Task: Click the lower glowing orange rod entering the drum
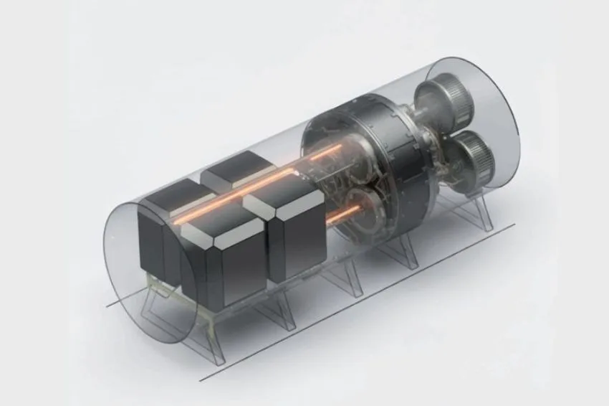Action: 348,213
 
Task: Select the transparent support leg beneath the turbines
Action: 476,212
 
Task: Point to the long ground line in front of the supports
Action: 358,301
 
